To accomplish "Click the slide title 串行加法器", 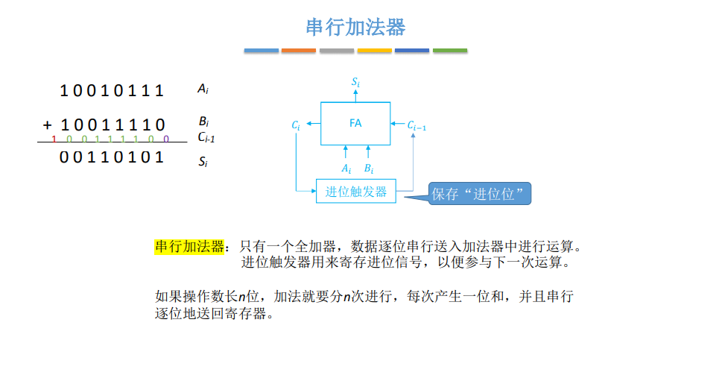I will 355,28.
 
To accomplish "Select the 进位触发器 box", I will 356,192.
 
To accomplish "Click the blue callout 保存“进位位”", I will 481,195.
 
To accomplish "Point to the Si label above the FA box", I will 355,82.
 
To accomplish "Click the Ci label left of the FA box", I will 296,126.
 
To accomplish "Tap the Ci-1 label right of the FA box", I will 417,126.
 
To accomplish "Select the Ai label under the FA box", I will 346,169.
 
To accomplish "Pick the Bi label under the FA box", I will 369,169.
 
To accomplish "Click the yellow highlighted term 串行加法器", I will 189,247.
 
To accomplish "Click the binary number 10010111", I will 112,91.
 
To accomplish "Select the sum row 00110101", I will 112,157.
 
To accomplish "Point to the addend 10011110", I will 113,125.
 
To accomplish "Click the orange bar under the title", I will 299,51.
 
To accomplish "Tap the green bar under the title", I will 450,51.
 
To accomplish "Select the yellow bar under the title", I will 374,51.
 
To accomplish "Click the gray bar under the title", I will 337,51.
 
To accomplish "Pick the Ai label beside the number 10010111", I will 203,89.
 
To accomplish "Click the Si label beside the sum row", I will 203,160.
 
